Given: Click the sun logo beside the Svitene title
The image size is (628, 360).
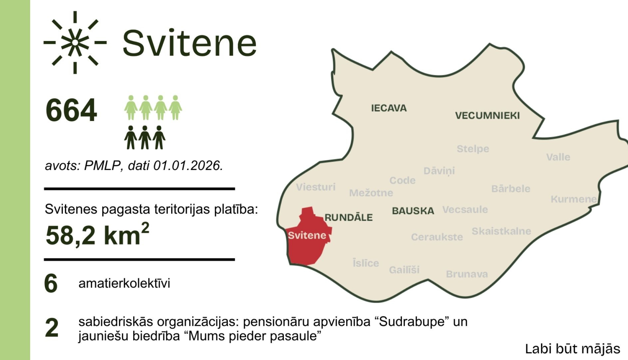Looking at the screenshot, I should pos(75,42).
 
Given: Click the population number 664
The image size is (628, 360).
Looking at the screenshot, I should pos(71,111).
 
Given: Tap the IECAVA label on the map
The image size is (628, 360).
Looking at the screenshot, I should pos(389,108).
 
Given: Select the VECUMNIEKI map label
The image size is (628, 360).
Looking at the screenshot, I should pos(487,116).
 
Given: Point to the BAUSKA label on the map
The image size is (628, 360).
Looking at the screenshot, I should pos(413,211).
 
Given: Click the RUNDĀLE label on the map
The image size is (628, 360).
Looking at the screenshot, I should pos(348,218).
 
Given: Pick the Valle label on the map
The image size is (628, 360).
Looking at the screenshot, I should pos(558,157).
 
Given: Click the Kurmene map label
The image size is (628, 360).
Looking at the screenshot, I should pos(574,199).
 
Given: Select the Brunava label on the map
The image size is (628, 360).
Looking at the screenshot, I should pos(467,274).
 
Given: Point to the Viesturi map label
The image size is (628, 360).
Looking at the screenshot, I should pos(316,187).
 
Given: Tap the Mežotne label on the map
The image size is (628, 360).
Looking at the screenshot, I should pos(371,193).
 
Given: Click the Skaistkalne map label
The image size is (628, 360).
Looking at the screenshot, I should pos(501,231).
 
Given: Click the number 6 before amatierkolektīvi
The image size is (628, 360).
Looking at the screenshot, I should pos(51,283).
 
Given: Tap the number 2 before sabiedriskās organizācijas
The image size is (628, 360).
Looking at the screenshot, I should pos(51,328).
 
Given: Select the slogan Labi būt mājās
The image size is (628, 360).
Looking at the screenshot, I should pos(572,349).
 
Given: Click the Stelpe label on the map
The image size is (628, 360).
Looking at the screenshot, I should pos(473,149).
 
